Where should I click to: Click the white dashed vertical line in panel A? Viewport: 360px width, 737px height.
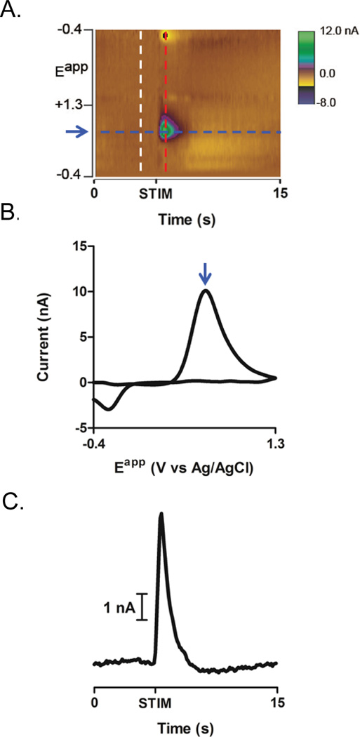tap(141, 98)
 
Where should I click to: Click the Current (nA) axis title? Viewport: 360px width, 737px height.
tap(43, 337)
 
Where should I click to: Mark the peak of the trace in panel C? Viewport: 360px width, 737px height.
tap(162, 514)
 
